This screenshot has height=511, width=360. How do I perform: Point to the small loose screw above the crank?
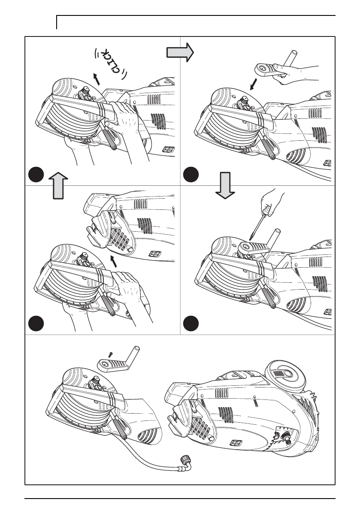(x=111, y=354)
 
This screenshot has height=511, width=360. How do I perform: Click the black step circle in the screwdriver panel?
(x=190, y=322)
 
